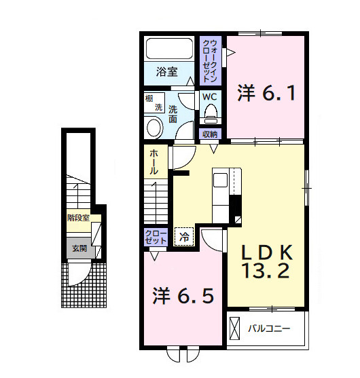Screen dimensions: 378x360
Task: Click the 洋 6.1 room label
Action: (266, 93)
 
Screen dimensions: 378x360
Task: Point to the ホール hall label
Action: (154, 163)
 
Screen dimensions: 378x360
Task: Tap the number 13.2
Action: (268, 272)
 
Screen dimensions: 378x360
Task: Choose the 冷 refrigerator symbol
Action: (183, 237)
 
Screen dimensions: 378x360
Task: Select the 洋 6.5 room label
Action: (183, 296)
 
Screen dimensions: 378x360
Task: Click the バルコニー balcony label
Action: (268, 329)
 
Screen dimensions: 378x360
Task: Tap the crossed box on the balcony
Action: (234, 329)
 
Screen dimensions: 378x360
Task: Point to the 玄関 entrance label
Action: (79, 248)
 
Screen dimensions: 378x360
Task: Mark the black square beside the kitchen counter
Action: (236, 204)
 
